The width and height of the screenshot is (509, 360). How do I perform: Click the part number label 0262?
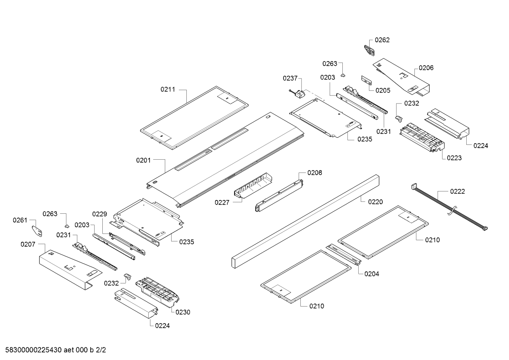coord(382,40)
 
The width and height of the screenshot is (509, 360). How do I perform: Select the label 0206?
coord(426,68)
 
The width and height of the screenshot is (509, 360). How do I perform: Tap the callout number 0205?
coord(383,90)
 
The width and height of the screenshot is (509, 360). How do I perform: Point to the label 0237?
coord(290,78)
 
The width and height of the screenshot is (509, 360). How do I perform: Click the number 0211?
coord(168,89)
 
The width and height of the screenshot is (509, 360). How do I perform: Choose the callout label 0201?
coord(143,160)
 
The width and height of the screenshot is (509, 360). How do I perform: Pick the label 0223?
coord(454,158)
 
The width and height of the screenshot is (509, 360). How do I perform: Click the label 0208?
coord(315,173)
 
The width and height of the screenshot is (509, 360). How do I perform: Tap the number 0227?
coord(222,202)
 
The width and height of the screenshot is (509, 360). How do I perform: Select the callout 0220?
coord(375,202)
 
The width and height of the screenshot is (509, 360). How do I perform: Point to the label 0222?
coord(457,191)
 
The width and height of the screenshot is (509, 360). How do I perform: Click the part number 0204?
coord(372,274)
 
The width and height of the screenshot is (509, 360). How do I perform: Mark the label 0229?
coord(100,214)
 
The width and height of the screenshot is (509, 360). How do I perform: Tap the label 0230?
coord(182,312)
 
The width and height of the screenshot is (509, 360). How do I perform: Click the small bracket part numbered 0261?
coord(37,231)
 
